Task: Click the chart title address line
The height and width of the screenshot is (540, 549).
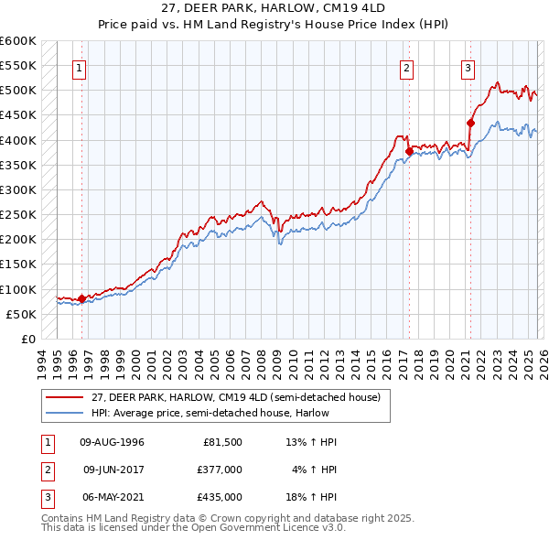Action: click(x=274, y=9)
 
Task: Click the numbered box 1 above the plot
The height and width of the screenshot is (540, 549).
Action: click(x=80, y=67)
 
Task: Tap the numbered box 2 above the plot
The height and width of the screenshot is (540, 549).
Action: click(x=406, y=67)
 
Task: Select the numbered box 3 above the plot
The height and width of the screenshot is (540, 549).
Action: click(x=468, y=67)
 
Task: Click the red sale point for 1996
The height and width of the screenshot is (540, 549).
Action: click(x=81, y=297)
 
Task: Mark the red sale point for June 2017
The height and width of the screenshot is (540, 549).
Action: click(x=409, y=151)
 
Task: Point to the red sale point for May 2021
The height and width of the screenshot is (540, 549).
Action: click(x=470, y=123)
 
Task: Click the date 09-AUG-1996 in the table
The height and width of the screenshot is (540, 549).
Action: click(x=113, y=442)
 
